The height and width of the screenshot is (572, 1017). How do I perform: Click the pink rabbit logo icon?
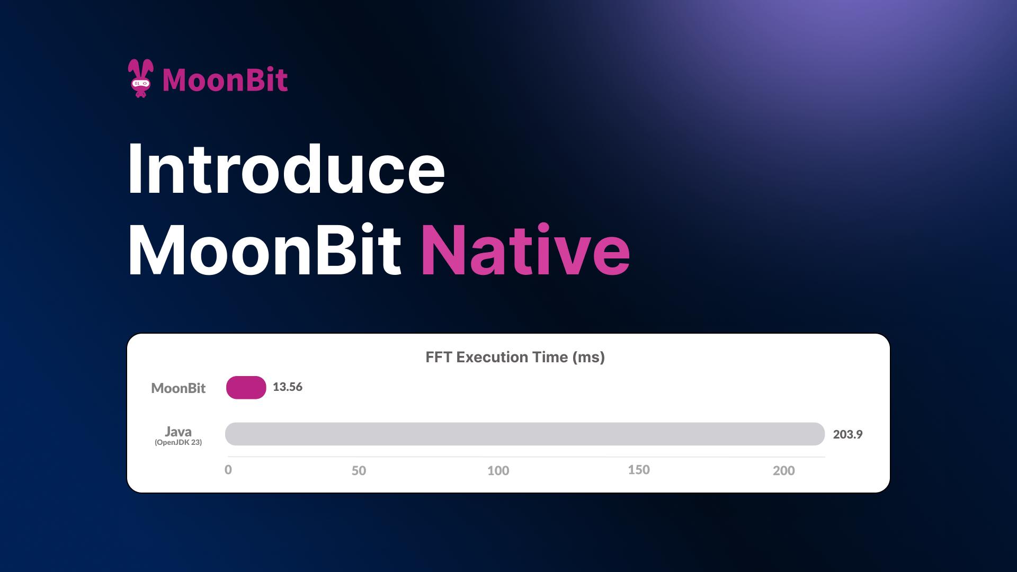pos(140,78)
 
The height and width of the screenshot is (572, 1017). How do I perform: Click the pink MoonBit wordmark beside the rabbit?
pos(225,80)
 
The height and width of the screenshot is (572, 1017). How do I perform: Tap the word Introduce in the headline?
pos(286,169)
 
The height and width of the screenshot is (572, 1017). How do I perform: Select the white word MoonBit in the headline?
pos(264,250)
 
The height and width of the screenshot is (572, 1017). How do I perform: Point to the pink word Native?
pos(525,250)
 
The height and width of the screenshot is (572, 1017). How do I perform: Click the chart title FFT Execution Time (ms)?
pos(515,357)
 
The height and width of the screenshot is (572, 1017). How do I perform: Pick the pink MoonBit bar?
pos(246,387)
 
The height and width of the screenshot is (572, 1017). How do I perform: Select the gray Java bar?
pos(524,434)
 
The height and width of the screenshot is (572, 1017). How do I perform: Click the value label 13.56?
pos(288,387)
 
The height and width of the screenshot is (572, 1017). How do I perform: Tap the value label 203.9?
pos(847,434)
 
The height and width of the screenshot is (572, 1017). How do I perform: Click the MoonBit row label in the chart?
pos(178,388)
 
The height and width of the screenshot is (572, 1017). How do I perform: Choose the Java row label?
pos(178,431)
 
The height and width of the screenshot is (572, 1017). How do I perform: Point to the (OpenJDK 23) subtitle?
pos(178,442)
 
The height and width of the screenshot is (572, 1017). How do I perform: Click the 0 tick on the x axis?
pos(228,470)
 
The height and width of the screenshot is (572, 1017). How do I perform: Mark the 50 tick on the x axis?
pos(359,470)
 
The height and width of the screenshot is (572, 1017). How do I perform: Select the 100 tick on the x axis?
pos(498,470)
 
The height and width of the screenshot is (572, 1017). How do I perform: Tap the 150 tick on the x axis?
pos(639,470)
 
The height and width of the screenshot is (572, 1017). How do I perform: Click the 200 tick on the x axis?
pos(783,470)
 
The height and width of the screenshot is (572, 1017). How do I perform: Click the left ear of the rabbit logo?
pos(133,68)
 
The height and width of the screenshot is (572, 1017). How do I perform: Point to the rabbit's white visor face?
pos(140,83)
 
